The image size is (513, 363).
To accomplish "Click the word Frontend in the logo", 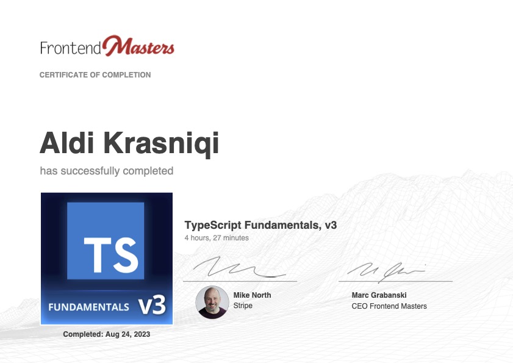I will [70, 48].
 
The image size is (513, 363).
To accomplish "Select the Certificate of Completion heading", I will [95, 75].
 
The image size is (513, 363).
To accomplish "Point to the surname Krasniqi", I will [162, 143].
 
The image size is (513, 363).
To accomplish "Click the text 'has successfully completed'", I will [107, 171].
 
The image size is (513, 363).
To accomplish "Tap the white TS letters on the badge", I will [110, 254].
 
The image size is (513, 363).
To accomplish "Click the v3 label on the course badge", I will [152, 305].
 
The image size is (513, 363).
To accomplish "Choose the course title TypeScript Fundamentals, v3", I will [260, 225].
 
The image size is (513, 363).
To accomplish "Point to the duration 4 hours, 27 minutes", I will [217, 238].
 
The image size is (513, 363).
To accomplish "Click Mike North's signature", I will [232, 268].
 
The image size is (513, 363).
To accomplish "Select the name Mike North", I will [252, 295].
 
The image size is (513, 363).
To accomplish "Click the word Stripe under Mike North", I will [243, 306].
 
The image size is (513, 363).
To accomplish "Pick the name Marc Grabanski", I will [379, 295].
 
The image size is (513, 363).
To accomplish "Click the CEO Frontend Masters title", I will [389, 306].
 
